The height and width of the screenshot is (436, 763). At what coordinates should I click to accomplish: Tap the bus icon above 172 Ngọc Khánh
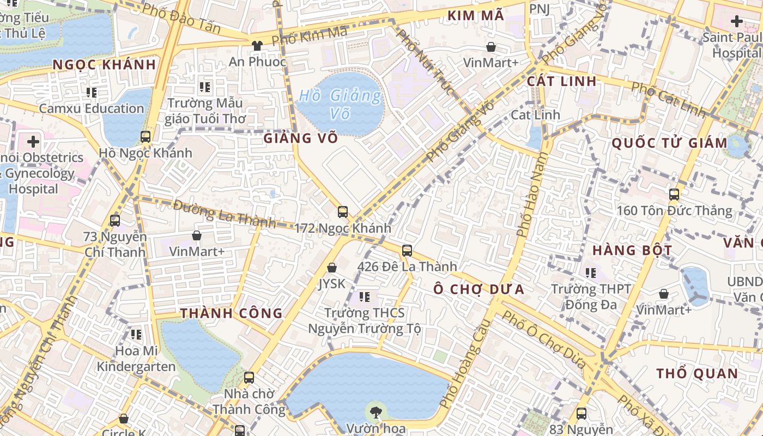click(343, 211)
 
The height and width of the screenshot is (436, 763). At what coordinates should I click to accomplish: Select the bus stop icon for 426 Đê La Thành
click(407, 251)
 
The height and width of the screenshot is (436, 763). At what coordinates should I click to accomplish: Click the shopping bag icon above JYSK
click(331, 268)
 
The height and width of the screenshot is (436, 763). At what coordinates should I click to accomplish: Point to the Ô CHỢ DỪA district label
click(479, 289)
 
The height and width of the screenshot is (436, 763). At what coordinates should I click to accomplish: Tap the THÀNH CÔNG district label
click(232, 313)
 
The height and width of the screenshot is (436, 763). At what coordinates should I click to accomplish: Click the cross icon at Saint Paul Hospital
click(737, 22)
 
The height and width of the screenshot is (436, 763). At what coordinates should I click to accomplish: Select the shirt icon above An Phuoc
click(257, 46)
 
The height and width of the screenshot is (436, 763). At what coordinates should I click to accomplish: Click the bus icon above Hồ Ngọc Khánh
click(146, 136)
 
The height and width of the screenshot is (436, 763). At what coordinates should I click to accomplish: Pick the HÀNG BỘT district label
click(632, 251)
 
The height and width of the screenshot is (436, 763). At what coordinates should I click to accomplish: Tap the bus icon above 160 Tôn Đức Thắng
click(674, 194)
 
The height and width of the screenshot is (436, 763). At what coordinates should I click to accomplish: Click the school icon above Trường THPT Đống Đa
click(591, 272)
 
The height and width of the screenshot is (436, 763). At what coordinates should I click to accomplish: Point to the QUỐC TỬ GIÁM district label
click(669, 143)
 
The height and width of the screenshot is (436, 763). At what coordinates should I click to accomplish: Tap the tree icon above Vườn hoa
click(376, 411)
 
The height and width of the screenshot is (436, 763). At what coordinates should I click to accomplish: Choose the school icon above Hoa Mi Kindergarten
click(136, 334)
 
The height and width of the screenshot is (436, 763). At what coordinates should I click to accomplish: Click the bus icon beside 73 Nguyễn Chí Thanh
click(115, 220)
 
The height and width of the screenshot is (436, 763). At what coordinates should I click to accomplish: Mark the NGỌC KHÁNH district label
click(104, 65)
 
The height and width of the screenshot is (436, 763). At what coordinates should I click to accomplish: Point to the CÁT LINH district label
click(561, 82)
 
